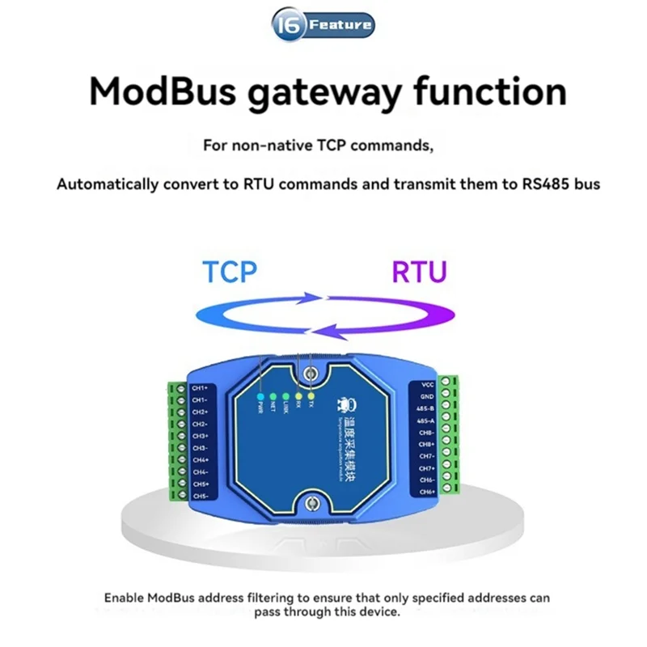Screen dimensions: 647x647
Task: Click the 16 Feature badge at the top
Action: coord(323,25)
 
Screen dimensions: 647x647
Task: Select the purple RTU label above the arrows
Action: coord(419,271)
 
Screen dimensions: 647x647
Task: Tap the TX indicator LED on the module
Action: coord(311,395)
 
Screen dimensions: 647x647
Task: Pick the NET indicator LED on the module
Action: coord(273,398)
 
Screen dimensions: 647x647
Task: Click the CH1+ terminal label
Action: coord(201,388)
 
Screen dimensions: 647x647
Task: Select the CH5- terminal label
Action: coord(201,495)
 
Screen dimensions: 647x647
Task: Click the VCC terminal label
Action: coord(429,384)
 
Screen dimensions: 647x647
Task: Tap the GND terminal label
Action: coord(429,396)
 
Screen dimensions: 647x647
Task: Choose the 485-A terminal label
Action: coord(426,420)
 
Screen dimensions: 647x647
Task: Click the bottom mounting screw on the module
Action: coord(310,505)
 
